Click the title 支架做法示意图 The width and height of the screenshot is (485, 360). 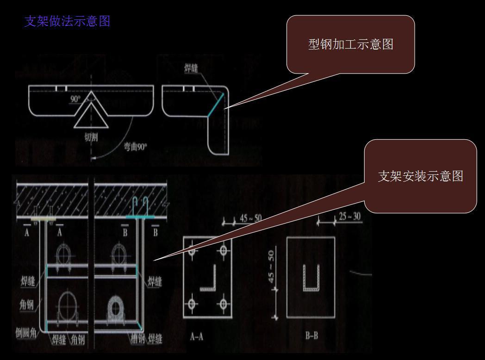(x=67, y=22)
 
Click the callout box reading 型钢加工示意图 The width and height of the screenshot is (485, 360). (x=350, y=44)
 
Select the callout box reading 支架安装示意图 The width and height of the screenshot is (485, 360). (x=420, y=176)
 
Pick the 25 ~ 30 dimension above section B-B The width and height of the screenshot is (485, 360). (x=349, y=217)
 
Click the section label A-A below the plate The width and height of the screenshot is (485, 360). (x=197, y=337)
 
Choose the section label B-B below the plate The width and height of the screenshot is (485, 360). (x=311, y=336)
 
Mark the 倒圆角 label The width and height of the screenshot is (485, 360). (x=26, y=334)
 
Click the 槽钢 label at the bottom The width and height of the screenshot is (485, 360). (x=137, y=339)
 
